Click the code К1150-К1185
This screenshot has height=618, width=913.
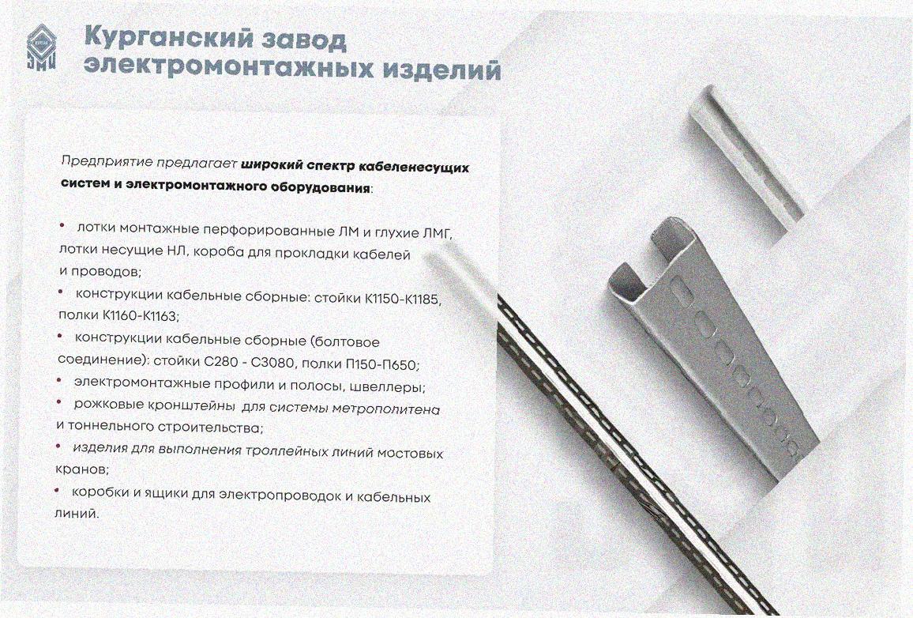point(404,300)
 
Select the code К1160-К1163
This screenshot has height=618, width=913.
point(141,315)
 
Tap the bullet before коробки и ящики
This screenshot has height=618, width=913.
point(57,491)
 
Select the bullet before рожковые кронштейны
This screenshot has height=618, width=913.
point(59,402)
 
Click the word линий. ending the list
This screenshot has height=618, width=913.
point(77,514)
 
